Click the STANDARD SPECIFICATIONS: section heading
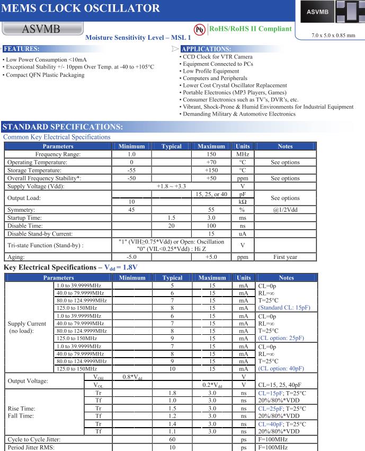tap(63, 127)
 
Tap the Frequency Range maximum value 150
tap(212, 154)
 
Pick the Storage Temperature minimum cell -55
tap(130, 170)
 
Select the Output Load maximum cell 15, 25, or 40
tap(212, 195)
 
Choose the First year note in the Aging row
tap(284, 255)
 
